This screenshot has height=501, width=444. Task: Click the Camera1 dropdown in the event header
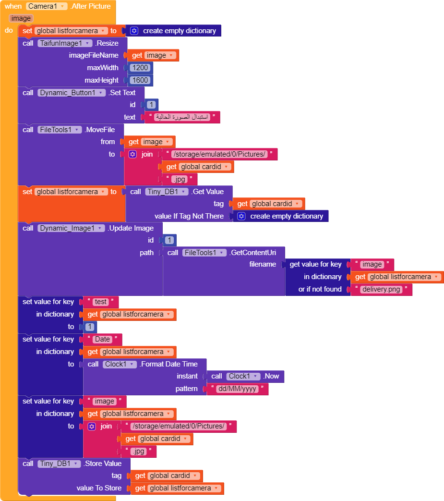[47, 6]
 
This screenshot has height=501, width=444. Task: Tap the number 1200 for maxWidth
[141, 68]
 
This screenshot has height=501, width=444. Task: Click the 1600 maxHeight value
[141, 80]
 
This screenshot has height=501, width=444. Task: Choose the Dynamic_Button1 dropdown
[71, 93]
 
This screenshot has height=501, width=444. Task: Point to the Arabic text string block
[182, 117]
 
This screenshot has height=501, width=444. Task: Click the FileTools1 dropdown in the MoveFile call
[60, 130]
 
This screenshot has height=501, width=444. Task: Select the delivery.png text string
[381, 289]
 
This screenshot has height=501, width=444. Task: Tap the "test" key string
[101, 302]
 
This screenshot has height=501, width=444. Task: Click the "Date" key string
[102, 339]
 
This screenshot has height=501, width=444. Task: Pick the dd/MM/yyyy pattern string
[237, 389]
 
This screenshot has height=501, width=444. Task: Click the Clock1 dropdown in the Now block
[243, 376]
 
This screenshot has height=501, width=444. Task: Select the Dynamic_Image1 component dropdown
[71, 228]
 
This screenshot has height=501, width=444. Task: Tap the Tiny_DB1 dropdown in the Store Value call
[59, 464]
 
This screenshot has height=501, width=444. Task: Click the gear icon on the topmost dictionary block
[134, 31]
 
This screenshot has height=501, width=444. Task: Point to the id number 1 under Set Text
[151, 105]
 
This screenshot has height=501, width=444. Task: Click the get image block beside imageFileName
[153, 55]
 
